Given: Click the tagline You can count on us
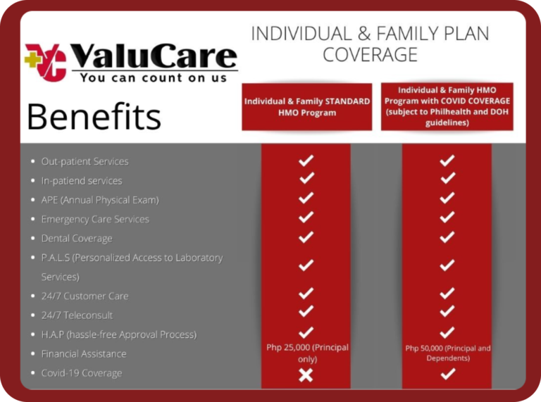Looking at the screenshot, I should pyautogui.click(x=154, y=77).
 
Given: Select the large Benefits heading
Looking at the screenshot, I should pyautogui.click(x=94, y=116).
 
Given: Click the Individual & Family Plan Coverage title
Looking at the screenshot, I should pyautogui.click(x=370, y=44).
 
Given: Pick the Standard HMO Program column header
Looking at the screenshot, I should pyautogui.click(x=306, y=107).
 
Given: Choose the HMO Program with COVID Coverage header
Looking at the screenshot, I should pyautogui.click(x=447, y=106).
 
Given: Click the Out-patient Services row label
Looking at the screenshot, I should pyautogui.click(x=85, y=161).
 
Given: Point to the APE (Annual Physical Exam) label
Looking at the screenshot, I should pyautogui.click(x=99, y=200).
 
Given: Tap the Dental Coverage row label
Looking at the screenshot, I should pyautogui.click(x=76, y=239).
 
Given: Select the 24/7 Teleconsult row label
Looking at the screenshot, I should pyautogui.click(x=77, y=315).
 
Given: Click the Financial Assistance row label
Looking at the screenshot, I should pyautogui.click(x=83, y=354).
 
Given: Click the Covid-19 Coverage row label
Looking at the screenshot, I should pyautogui.click(x=81, y=373).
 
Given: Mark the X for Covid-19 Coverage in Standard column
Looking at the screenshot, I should pyautogui.click(x=306, y=375).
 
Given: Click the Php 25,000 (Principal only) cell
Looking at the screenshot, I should pyautogui.click(x=306, y=353).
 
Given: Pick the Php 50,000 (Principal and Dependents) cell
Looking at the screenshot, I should pyautogui.click(x=447, y=353).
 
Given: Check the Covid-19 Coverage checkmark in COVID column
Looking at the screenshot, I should pyautogui.click(x=447, y=375).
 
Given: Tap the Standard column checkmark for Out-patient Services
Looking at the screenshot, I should pyautogui.click(x=306, y=161).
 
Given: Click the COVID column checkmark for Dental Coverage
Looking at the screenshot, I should pyautogui.click(x=447, y=238).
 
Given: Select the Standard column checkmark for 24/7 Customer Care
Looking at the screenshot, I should pyautogui.click(x=306, y=294).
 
